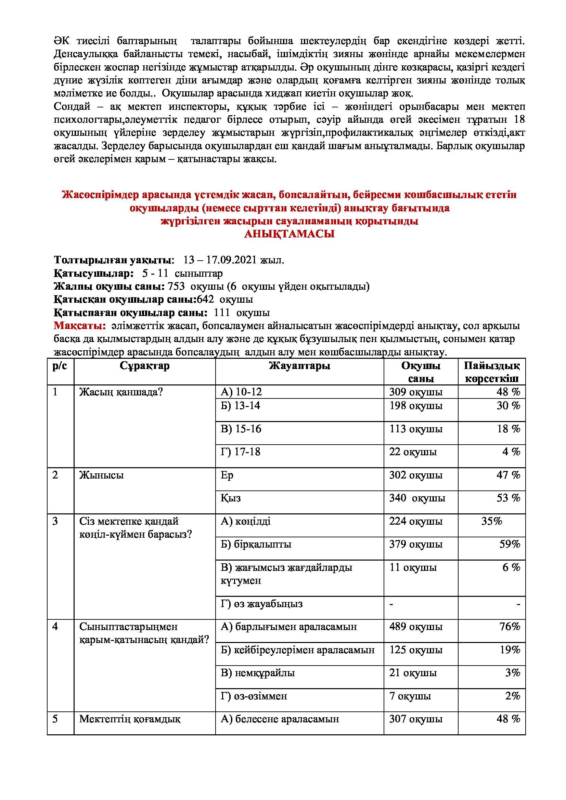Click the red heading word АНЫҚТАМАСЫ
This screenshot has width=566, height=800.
point(289,234)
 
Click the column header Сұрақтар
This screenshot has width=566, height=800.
point(144,366)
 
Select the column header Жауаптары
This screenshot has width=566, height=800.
point(299,366)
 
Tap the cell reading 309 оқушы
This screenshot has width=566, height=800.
point(416,392)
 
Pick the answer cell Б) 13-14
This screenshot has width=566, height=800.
point(241,406)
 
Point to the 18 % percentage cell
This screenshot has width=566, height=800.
point(509,429)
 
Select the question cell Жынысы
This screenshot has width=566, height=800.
point(101,475)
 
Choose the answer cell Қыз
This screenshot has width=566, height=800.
point(230,498)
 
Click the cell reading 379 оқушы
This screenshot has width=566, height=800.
point(416,545)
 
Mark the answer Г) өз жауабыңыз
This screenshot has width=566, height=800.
point(261,604)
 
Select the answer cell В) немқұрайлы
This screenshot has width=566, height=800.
point(258,673)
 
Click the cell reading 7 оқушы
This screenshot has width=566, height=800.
point(410,696)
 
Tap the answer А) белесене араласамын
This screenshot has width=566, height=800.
point(280,719)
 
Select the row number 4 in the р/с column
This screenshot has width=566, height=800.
point(55,627)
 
